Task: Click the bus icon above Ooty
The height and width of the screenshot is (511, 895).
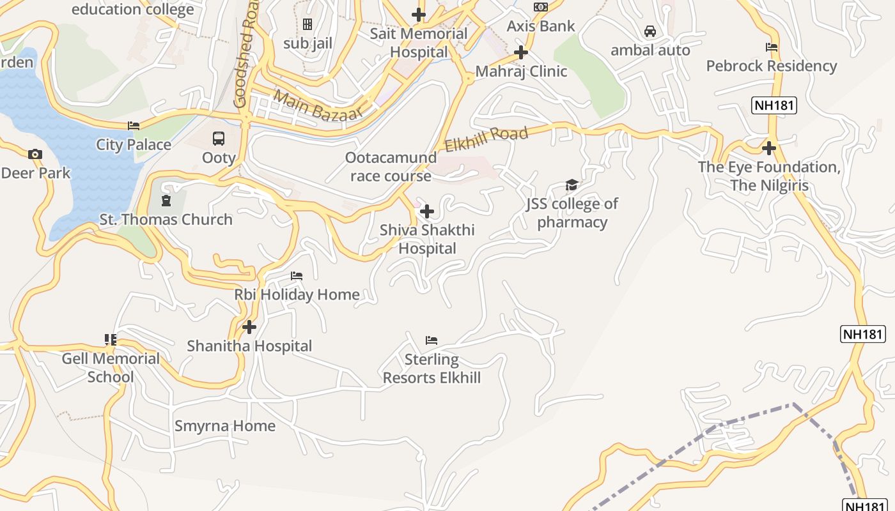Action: (219, 138)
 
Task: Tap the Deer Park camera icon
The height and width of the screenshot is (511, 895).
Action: (35, 154)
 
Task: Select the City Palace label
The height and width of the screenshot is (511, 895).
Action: (134, 144)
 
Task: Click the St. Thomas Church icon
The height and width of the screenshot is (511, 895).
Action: (166, 201)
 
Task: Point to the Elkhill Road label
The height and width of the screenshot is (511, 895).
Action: (486, 139)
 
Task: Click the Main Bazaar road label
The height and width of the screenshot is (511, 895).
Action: (318, 105)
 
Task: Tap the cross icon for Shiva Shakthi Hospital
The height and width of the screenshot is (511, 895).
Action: (426, 211)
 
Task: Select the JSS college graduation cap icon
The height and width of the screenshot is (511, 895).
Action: (572, 185)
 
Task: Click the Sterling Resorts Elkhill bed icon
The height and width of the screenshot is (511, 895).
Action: (432, 340)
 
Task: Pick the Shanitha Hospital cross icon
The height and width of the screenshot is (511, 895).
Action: (249, 327)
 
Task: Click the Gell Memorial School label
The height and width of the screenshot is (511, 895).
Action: (111, 367)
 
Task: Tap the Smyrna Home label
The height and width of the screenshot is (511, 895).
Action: (225, 425)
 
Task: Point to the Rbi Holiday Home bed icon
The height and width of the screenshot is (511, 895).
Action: (297, 276)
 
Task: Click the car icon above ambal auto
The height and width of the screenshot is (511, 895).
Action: (650, 31)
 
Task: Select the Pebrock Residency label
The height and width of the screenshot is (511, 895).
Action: (771, 66)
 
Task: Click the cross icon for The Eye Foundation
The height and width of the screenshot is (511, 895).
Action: (769, 148)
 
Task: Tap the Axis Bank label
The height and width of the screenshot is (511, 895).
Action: (541, 26)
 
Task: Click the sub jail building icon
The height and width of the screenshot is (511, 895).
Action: (307, 24)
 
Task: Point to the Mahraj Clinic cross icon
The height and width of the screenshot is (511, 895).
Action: (521, 52)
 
